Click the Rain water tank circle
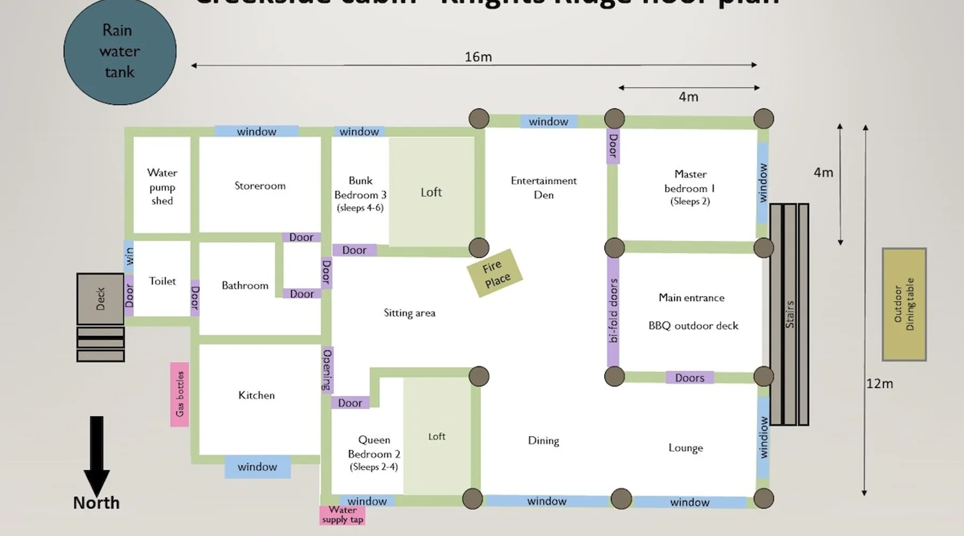click(x=120, y=51)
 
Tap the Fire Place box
click(x=495, y=273)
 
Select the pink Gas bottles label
click(x=180, y=394)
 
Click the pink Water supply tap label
click(x=343, y=515)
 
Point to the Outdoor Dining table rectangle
click(x=904, y=304)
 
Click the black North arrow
click(x=96, y=456)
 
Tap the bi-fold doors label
click(x=614, y=311)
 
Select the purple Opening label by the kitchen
click(x=327, y=370)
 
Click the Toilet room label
click(x=162, y=281)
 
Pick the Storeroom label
click(x=260, y=186)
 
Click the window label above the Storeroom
click(x=257, y=131)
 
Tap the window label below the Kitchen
click(x=257, y=467)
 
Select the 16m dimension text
click(x=478, y=57)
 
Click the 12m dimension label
click(x=880, y=384)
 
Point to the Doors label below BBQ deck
click(x=690, y=378)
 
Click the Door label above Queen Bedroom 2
click(x=350, y=403)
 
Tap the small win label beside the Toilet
click(x=129, y=256)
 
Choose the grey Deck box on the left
click(x=101, y=299)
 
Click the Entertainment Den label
click(x=544, y=188)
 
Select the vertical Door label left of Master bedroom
click(x=613, y=146)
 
